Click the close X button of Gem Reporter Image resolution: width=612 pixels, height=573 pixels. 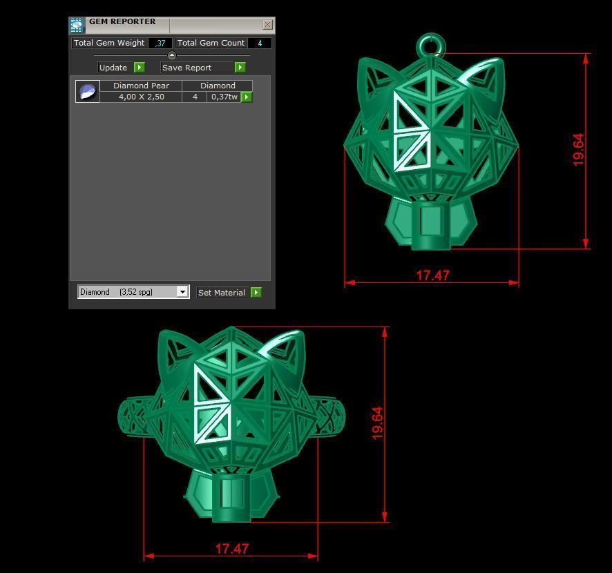coord(267,25)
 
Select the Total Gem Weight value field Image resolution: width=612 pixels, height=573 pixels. coord(160,43)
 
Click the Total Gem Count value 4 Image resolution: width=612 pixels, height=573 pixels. coord(260,43)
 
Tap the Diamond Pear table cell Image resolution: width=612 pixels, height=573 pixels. coord(141,86)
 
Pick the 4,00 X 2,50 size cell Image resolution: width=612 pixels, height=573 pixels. coord(141,97)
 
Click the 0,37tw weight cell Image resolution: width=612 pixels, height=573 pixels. coord(224,97)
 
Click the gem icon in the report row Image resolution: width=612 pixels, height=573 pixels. coord(88,91)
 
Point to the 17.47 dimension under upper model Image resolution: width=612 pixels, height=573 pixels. coord(432,275)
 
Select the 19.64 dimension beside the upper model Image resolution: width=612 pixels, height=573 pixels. coord(578,149)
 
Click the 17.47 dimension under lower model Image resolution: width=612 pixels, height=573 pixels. coord(231,549)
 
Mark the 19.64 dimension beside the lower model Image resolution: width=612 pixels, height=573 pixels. coord(377,423)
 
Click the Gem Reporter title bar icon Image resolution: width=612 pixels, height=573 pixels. coord(77,25)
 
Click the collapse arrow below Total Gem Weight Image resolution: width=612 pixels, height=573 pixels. coord(172,55)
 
